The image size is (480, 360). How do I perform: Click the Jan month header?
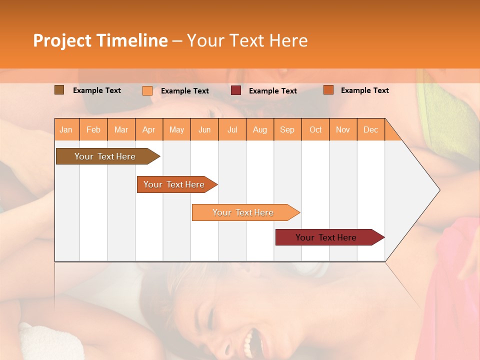pyautogui.click(x=66, y=130)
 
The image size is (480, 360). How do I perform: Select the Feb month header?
pyautogui.click(x=93, y=130)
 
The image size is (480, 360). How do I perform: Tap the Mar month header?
pyautogui.click(x=121, y=130)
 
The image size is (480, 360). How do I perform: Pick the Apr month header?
pyautogui.click(x=149, y=130)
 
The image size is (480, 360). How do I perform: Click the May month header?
pyautogui.click(x=176, y=130)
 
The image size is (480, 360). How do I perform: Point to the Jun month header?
pyautogui.click(x=204, y=130)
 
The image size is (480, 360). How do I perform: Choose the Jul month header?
pyautogui.click(x=232, y=130)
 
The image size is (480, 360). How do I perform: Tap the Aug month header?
pyautogui.click(x=260, y=130)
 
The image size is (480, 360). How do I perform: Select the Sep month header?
pyautogui.click(x=287, y=130)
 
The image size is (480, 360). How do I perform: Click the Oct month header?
pyautogui.click(x=315, y=130)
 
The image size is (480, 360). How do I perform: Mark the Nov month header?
pyautogui.click(x=343, y=130)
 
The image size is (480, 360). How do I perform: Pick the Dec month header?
pyautogui.click(x=371, y=130)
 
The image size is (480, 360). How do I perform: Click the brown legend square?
pyautogui.click(x=59, y=90)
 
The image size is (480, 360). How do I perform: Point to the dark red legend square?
pyautogui.click(x=236, y=90)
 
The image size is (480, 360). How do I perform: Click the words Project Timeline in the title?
pyautogui.click(x=100, y=40)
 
